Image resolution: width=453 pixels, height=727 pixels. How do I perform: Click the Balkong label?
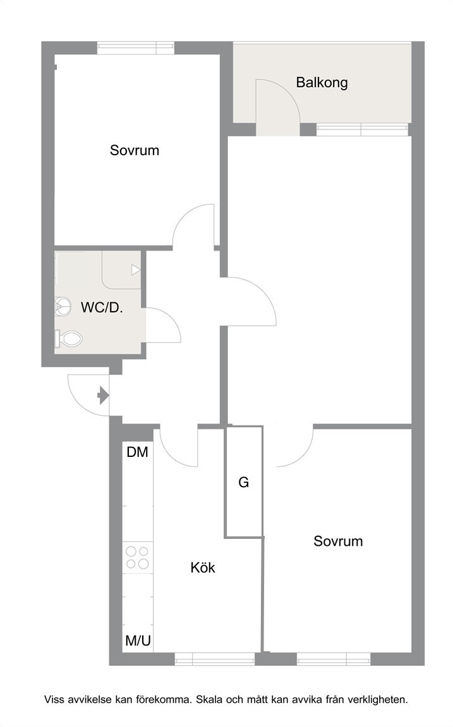coord(322,83)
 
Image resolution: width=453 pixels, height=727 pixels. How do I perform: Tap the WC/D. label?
coord(102,307)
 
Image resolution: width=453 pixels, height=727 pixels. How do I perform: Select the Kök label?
coord(203,567)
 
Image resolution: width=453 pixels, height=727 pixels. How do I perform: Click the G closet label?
coord(244,483)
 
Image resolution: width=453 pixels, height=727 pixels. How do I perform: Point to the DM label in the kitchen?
coord(137,452)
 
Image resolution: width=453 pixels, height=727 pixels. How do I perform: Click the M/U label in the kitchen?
coord(138,641)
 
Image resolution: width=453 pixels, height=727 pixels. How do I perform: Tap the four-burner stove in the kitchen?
coord(138,557)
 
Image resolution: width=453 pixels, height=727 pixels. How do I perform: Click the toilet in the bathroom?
coord(69,338)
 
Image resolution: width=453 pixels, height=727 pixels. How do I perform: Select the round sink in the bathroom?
coord(63,306)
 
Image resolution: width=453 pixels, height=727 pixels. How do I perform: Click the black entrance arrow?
coord(103,396)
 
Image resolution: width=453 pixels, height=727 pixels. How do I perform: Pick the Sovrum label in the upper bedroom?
coord(135,150)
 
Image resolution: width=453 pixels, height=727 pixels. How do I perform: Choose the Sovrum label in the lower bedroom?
coord(338,541)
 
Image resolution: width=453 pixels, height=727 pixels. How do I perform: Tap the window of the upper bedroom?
coord(136,48)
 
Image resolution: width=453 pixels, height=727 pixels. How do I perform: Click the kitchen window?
coord(215,658)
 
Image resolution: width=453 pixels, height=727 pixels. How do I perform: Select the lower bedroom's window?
coord(334,658)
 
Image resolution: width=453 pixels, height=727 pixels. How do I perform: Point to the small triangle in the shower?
coord(136,270)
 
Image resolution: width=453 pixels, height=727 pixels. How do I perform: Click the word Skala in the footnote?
coord(210,700)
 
